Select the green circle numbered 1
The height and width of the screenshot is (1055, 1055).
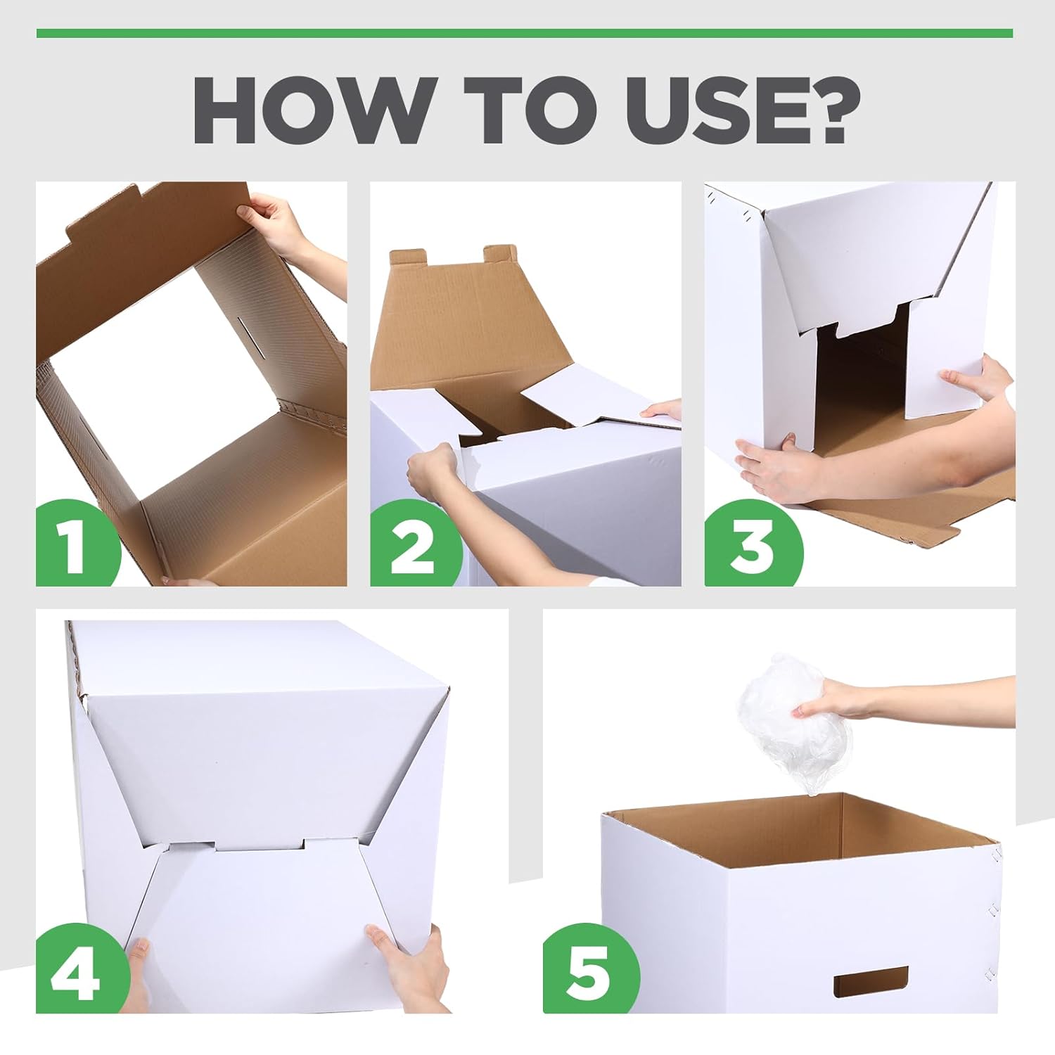[77, 543]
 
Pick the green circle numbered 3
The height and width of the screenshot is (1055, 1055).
[751, 543]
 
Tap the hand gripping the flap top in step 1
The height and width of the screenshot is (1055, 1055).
[278, 222]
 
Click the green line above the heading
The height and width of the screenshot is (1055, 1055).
[525, 33]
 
